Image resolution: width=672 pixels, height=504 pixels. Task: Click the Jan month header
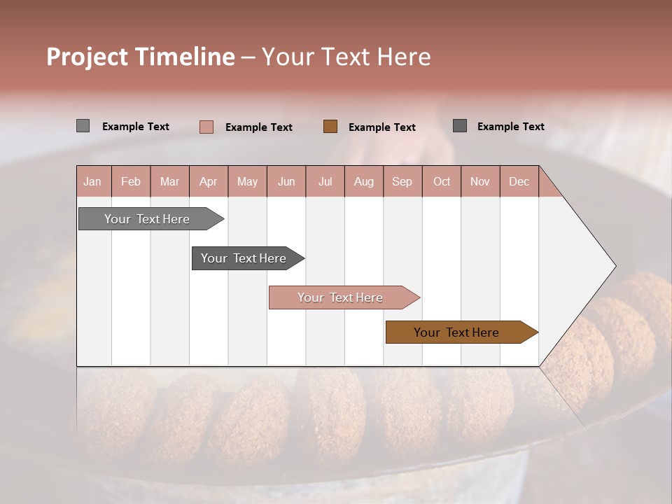pyautogui.click(x=92, y=181)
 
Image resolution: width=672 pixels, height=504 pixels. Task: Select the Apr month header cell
pyautogui.click(x=208, y=181)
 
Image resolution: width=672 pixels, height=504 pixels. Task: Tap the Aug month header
pyautogui.click(x=363, y=181)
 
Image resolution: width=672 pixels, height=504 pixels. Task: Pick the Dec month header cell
pyautogui.click(x=519, y=181)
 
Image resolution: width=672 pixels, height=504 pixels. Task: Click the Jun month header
pyautogui.click(x=286, y=181)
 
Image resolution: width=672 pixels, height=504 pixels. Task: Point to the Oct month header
pyautogui.click(x=441, y=181)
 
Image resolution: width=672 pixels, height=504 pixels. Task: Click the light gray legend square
pyautogui.click(x=83, y=126)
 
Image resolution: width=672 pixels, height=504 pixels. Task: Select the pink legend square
pyautogui.click(x=206, y=127)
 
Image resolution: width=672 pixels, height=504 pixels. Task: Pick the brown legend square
pyautogui.click(x=330, y=126)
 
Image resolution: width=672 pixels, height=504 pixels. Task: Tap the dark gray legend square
pyautogui.click(x=459, y=125)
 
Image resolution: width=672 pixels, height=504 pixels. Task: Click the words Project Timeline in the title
pyautogui.click(x=140, y=57)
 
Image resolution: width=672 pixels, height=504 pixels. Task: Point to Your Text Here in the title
pyautogui.click(x=346, y=57)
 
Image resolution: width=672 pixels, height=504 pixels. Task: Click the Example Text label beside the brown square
pyautogui.click(x=381, y=127)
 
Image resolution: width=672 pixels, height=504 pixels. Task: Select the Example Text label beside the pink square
pyautogui.click(x=258, y=127)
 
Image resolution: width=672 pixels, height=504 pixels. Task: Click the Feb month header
pyautogui.click(x=130, y=181)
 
